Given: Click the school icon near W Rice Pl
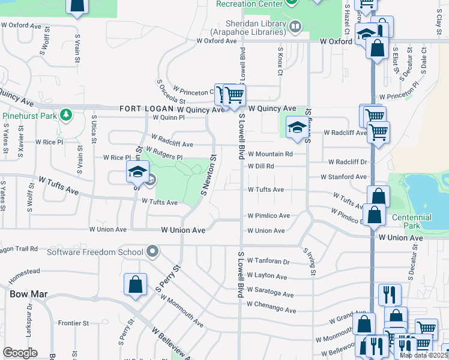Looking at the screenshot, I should click(x=137, y=173).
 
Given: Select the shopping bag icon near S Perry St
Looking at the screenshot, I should click(x=135, y=286).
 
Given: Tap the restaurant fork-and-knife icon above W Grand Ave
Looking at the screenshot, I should click(x=389, y=295).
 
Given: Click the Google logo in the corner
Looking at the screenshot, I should click(x=20, y=353).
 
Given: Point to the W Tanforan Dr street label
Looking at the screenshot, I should click(x=268, y=262).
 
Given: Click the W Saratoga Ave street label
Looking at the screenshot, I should click(x=270, y=295).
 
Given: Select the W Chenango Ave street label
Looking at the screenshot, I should click(x=272, y=310).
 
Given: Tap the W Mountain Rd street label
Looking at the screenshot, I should click(x=270, y=154).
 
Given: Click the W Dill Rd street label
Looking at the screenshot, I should click(x=261, y=166).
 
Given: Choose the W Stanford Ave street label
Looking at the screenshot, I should click(x=343, y=177).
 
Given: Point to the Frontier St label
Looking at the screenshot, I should click(x=73, y=323).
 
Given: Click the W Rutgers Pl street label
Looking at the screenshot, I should click(x=163, y=154).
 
